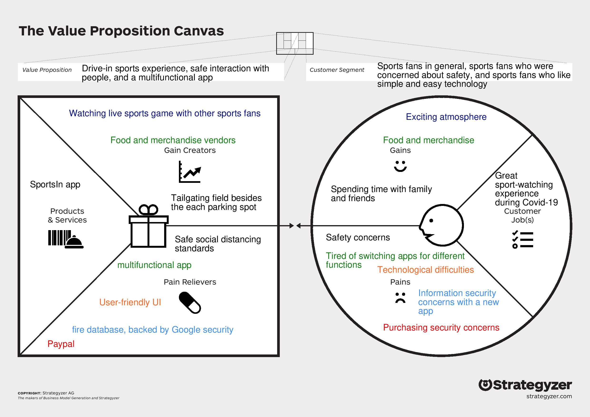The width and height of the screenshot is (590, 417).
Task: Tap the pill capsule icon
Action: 190,302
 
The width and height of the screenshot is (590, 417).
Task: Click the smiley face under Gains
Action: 400,166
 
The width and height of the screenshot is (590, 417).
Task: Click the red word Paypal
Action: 61,344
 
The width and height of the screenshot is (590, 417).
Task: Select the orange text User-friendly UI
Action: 130,302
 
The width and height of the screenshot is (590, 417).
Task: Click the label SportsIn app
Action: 55,184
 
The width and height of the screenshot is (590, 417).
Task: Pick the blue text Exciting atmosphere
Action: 446,117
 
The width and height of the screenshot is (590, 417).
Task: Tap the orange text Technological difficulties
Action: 425,270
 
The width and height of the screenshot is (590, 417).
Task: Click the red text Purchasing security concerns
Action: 441,327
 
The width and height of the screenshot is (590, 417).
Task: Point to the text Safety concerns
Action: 358,238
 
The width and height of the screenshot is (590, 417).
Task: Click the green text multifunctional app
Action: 154,265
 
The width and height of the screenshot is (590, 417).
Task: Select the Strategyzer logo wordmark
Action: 525,385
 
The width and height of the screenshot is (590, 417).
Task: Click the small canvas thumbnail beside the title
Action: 295,44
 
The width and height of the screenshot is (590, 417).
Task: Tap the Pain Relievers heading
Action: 190,282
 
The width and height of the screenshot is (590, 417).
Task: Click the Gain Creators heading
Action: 190,150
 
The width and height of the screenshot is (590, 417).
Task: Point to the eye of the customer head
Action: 431,220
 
